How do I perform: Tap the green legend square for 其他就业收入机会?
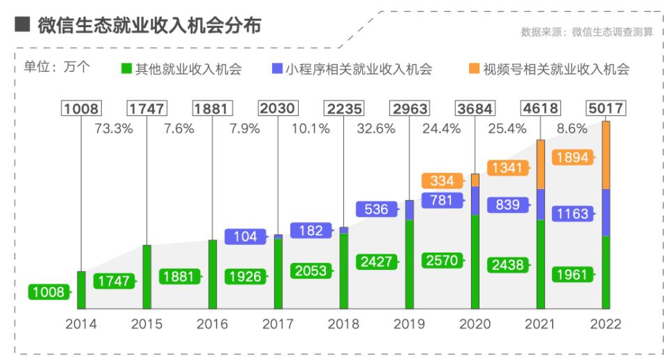[x=126, y=68]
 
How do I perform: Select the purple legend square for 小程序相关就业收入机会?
[x=277, y=68]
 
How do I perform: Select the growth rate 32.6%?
[x=375, y=129]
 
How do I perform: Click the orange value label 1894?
[x=573, y=158]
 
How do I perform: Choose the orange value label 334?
[x=442, y=181]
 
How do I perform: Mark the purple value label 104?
[x=246, y=237]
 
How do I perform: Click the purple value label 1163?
[x=573, y=213]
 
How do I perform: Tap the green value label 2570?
[x=442, y=260]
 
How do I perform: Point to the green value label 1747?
[x=114, y=281]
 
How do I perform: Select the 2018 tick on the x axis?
[x=343, y=324]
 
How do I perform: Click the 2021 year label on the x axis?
[x=539, y=324]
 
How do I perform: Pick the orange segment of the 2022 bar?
[x=606, y=155]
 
